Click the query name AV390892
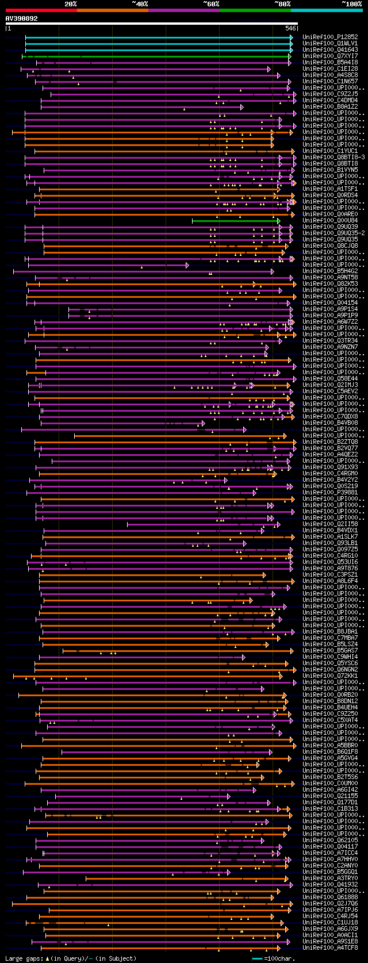pyautogui.click(x=22, y=18)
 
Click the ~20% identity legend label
pyautogui.click(x=70, y=4)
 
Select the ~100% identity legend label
pyautogui.click(x=351, y=4)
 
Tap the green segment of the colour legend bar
pyautogui.click(x=255, y=10)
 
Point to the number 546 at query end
pyautogui.click(x=290, y=28)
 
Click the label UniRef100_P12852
pyautogui.click(x=330, y=37)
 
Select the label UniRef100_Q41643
pyautogui.click(x=330, y=50)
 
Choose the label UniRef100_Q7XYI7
pyautogui.click(x=330, y=56)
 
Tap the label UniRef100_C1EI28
pyautogui.click(x=330, y=69)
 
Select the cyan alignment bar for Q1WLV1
pyautogui.click(x=158, y=44)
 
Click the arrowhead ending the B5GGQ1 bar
pyautogui.click(x=228, y=872)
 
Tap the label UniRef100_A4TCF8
pyautogui.click(x=330, y=948)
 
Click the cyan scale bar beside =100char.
pyautogui.click(x=257, y=958)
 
